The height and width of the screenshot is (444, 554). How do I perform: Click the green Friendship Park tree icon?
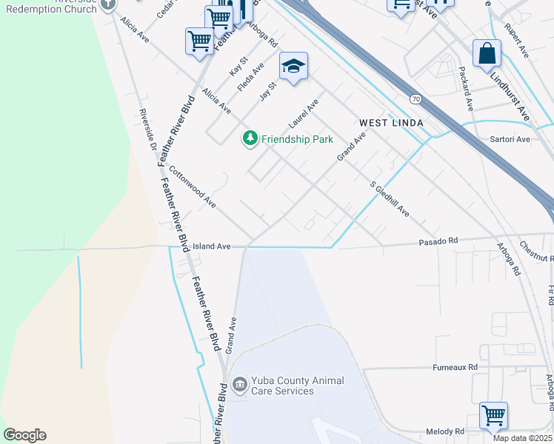[250, 138]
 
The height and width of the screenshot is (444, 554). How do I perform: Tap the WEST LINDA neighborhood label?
[391, 122]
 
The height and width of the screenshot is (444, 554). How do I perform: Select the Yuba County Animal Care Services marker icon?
[239, 385]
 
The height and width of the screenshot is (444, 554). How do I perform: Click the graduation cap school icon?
[293, 66]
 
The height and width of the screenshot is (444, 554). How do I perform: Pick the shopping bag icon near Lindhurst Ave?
[487, 53]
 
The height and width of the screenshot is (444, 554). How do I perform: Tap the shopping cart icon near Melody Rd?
[493, 416]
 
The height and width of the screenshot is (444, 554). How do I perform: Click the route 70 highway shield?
[415, 98]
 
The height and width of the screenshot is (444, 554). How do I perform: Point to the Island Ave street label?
[212, 246]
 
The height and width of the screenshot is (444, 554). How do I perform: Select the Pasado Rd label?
[438, 241]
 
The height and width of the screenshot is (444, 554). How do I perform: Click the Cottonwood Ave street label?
[192, 186]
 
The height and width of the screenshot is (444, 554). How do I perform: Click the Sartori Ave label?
[510, 139]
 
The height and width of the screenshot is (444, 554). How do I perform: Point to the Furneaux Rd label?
[456, 367]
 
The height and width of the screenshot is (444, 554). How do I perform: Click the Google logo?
[24, 435]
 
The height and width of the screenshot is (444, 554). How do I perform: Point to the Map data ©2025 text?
[522, 438]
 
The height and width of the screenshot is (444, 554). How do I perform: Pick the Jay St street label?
[267, 90]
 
